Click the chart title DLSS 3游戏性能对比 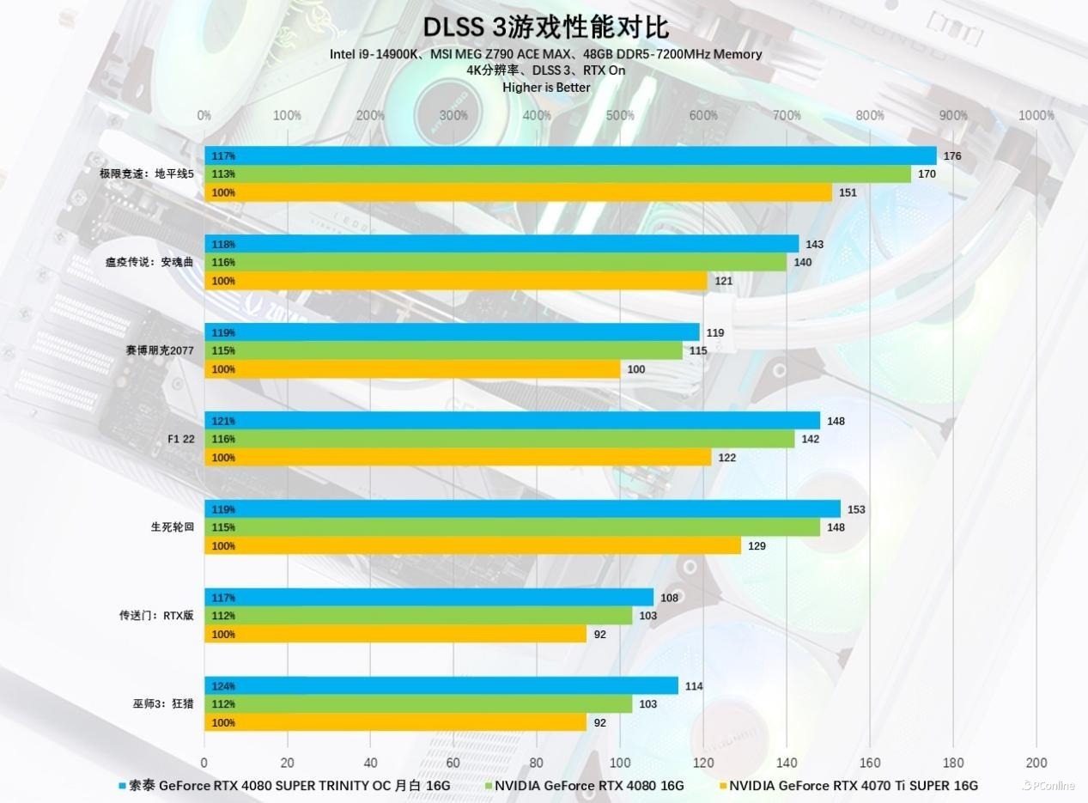545,27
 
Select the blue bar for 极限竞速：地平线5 570,155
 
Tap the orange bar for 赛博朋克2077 412,369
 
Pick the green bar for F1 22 499,439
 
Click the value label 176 951,156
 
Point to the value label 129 756,546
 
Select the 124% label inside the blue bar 223,686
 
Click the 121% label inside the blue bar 223,421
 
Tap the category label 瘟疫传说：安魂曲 155,262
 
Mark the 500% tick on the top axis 620,115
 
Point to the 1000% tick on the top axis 1036,115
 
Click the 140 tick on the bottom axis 787,762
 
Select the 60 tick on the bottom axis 453,762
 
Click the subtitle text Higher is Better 546,87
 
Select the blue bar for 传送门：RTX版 429,598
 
